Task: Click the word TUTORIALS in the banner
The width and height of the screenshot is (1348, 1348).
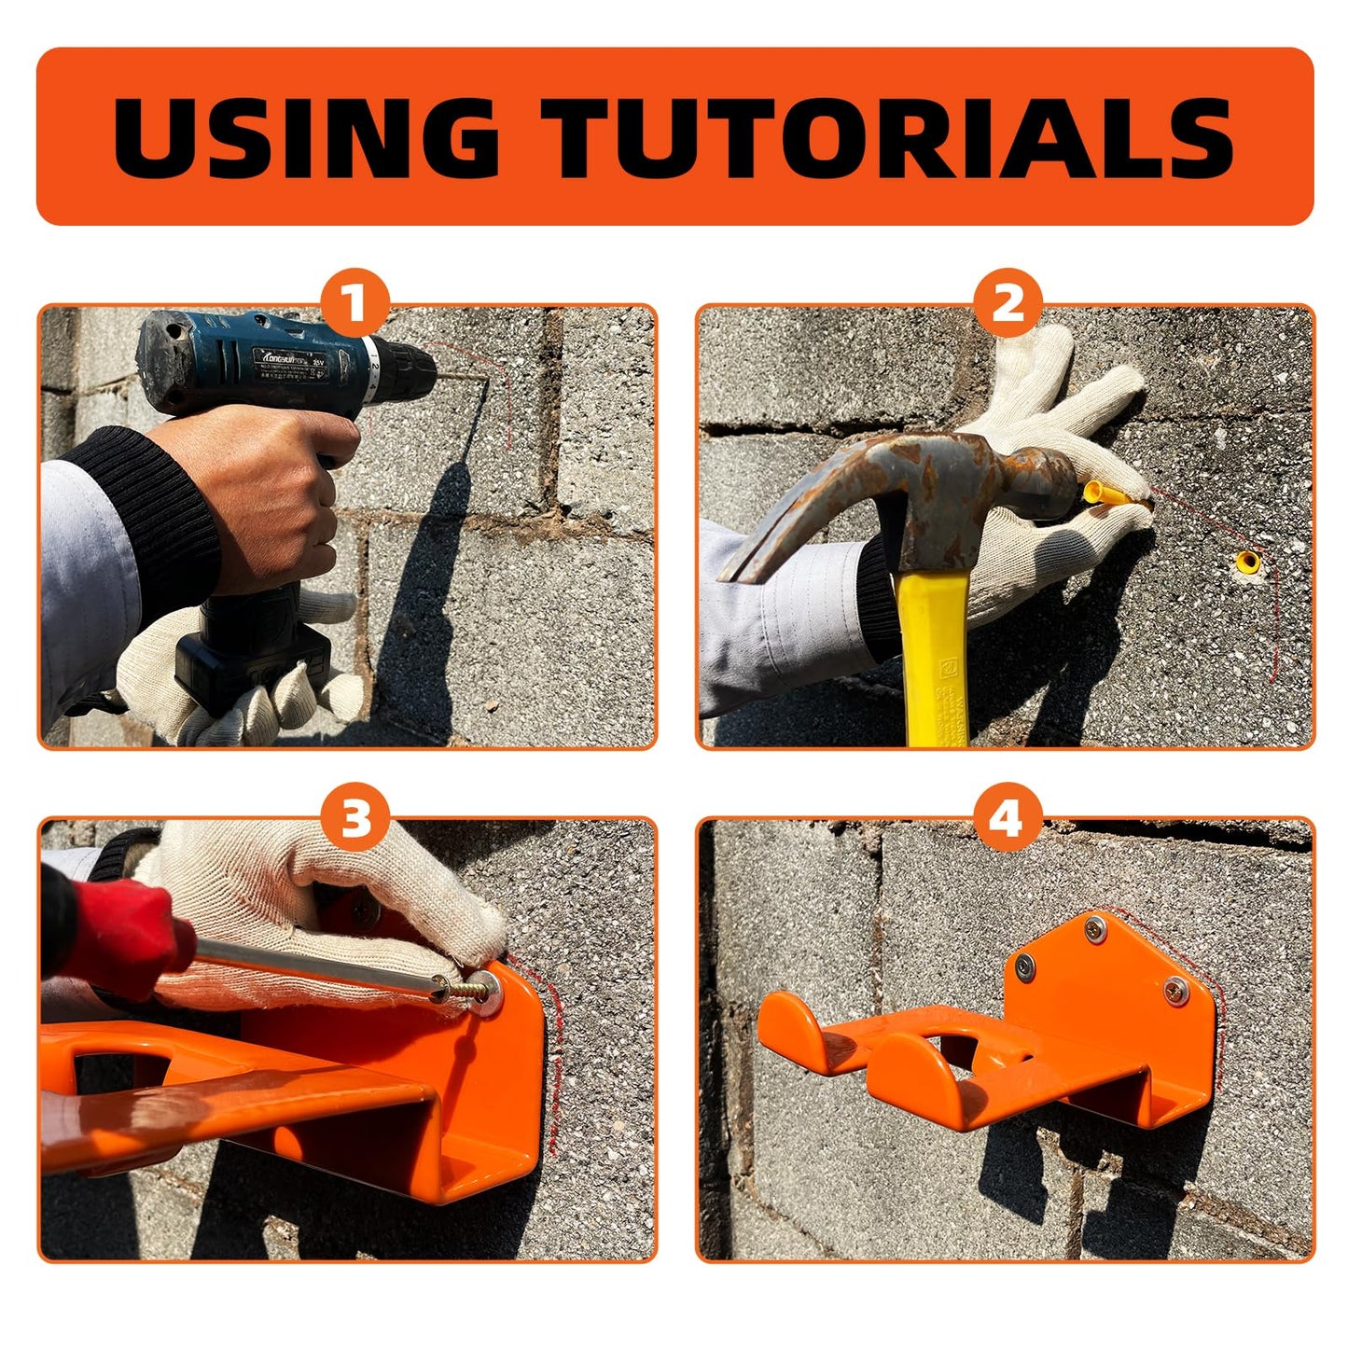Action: [x=888, y=136]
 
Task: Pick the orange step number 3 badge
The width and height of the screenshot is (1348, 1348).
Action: [x=354, y=819]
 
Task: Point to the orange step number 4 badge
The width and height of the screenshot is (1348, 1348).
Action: [x=1007, y=819]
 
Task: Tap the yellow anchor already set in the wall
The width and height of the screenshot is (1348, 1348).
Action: [x=1247, y=561]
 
